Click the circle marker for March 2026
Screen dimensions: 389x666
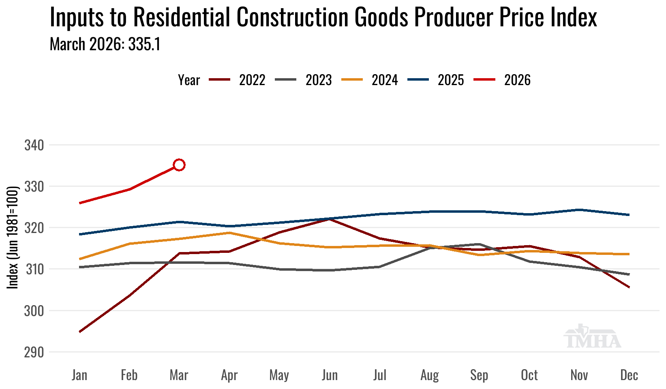click(x=179, y=165)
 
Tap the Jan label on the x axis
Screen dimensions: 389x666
click(x=79, y=375)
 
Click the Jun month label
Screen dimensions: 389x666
click(x=330, y=375)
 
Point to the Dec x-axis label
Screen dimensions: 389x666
click(x=629, y=375)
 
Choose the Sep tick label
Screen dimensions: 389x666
click(x=479, y=375)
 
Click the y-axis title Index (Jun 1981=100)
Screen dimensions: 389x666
click(x=13, y=237)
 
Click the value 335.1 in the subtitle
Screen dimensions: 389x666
click(x=144, y=44)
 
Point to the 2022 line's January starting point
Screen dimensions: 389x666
click(x=80, y=331)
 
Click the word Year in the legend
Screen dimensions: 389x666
click(x=189, y=80)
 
